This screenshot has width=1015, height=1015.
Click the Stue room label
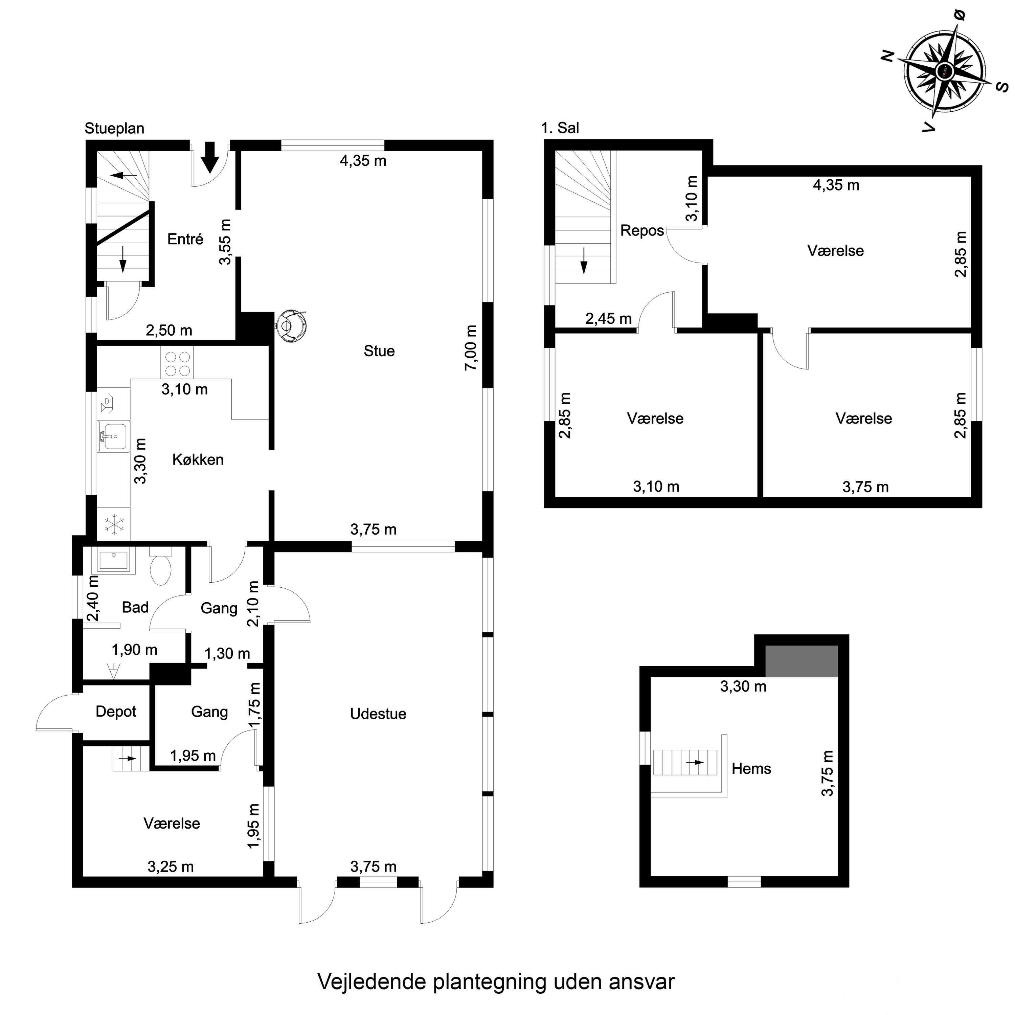tap(379, 351)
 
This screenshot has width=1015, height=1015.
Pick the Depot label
tap(116, 711)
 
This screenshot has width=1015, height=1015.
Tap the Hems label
tap(751, 769)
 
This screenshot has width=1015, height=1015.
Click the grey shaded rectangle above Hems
tap(801, 661)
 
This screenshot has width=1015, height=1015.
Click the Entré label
tap(185, 240)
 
